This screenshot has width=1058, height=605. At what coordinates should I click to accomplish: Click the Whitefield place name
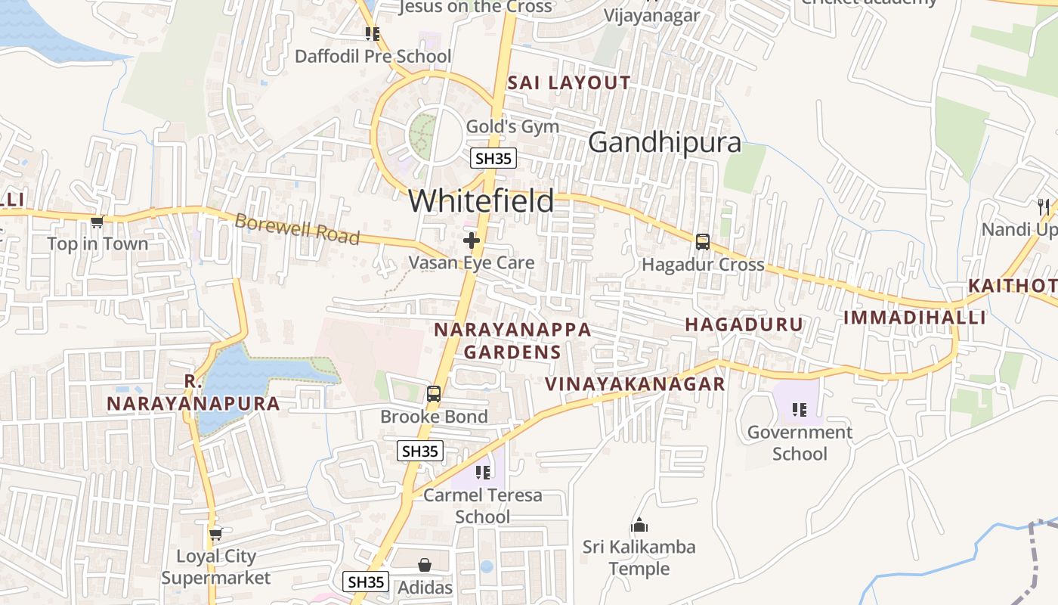(x=481, y=201)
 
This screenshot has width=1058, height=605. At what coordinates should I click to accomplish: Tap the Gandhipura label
(x=664, y=142)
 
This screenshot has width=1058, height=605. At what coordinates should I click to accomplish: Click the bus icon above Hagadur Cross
(x=703, y=242)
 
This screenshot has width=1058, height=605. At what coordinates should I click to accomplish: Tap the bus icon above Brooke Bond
(x=434, y=394)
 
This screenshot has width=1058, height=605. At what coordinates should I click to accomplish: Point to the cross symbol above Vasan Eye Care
(x=472, y=240)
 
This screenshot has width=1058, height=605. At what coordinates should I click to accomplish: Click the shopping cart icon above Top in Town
(x=97, y=222)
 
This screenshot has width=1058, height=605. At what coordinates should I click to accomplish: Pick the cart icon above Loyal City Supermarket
(x=215, y=534)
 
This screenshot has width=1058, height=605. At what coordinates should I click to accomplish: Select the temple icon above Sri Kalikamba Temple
(x=639, y=525)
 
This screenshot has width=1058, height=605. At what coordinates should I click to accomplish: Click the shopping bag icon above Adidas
(x=425, y=565)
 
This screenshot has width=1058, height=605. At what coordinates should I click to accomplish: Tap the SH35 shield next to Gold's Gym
(x=493, y=158)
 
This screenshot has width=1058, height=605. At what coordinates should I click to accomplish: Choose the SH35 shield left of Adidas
(x=367, y=582)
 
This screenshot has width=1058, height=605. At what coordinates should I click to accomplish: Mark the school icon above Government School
(x=800, y=410)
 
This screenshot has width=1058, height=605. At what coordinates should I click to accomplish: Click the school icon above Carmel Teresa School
(x=483, y=473)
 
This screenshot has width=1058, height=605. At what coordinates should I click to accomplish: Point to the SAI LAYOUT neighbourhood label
(x=569, y=83)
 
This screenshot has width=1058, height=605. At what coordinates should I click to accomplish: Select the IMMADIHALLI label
(x=914, y=318)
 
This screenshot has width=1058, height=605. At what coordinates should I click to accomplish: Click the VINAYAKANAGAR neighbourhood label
(x=635, y=384)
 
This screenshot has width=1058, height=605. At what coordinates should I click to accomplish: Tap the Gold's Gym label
(x=512, y=126)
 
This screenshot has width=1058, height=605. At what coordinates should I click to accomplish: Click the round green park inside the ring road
(x=423, y=136)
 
